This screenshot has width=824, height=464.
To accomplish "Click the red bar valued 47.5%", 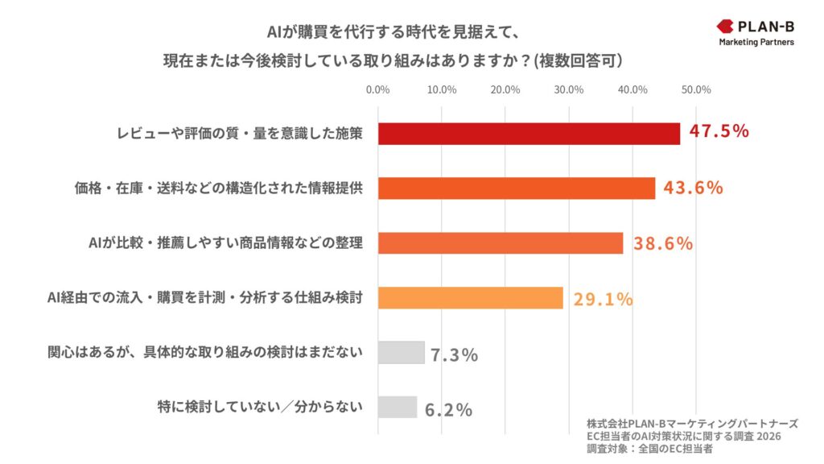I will click(529, 133).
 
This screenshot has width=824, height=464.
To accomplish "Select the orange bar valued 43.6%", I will click(516, 188).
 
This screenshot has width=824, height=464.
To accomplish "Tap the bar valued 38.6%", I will click(500, 242).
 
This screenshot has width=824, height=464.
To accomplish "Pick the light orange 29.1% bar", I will click(470, 297).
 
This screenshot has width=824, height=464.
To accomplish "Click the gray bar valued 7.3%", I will click(401, 353).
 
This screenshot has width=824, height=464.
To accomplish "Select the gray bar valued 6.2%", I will click(398, 408).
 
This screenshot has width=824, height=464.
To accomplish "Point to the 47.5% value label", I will click(719, 131).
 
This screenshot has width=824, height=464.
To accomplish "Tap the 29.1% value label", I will click(603, 299).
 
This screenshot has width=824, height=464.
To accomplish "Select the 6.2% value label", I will click(447, 409).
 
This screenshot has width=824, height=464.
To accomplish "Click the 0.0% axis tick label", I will click(377, 89).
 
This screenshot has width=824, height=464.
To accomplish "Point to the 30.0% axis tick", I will click(569, 89).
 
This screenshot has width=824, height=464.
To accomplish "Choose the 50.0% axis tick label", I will click(696, 89).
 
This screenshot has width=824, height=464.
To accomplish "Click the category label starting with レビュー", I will click(239, 134).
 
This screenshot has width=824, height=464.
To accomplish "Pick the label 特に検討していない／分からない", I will click(259, 408).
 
